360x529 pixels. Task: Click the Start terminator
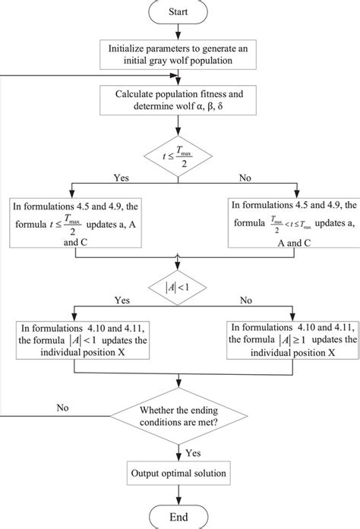point(179,12)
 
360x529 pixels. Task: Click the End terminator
point(179,518)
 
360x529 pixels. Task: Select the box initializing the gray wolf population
point(179,53)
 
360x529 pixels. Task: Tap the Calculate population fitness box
point(179,101)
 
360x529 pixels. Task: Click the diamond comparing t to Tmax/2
point(179,154)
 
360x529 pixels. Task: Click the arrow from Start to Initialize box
point(179,30)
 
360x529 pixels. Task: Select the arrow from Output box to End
point(179,496)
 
